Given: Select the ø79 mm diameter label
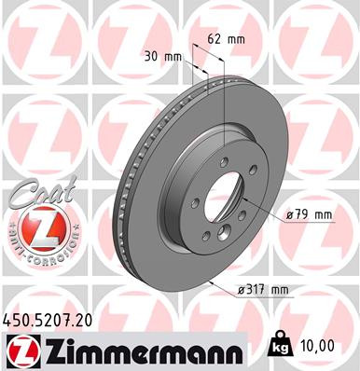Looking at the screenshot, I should tap(309, 214).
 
